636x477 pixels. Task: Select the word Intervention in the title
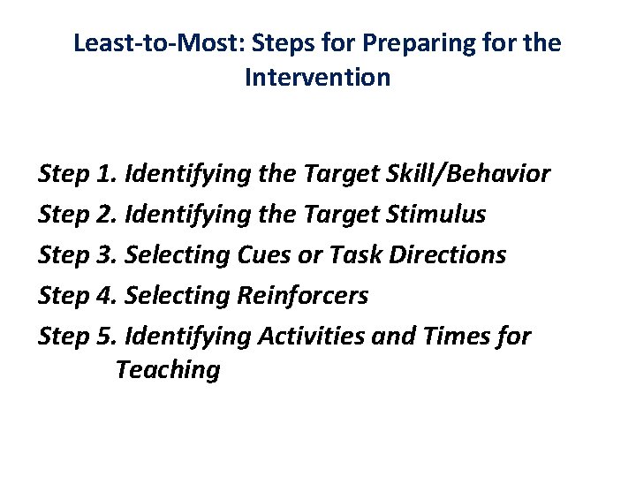[x=317, y=78]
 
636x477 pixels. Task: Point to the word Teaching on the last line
[x=167, y=370]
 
